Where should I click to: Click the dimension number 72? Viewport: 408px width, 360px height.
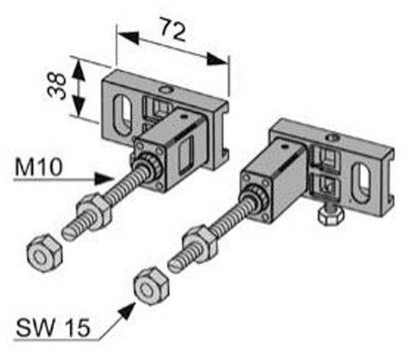pyautogui.click(x=173, y=29)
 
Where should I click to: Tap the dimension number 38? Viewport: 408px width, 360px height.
pyautogui.click(x=56, y=86)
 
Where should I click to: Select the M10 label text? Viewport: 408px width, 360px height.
pyautogui.click(x=39, y=167)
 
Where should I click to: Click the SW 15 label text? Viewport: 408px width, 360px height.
pyautogui.click(x=53, y=327)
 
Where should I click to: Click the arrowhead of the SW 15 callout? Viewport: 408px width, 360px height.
pyautogui.click(x=129, y=310)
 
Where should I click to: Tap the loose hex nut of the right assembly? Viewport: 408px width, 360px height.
pyautogui.click(x=152, y=285)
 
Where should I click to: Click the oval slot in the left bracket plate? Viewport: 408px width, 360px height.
pyautogui.click(x=123, y=115)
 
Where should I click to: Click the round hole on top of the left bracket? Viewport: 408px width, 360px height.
pyautogui.click(x=166, y=90)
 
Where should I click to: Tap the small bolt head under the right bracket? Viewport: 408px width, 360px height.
pyautogui.click(x=331, y=216)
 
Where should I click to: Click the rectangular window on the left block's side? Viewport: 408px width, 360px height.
pyautogui.click(x=186, y=155)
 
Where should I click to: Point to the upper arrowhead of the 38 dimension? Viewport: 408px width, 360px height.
pyautogui.click(x=79, y=69)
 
